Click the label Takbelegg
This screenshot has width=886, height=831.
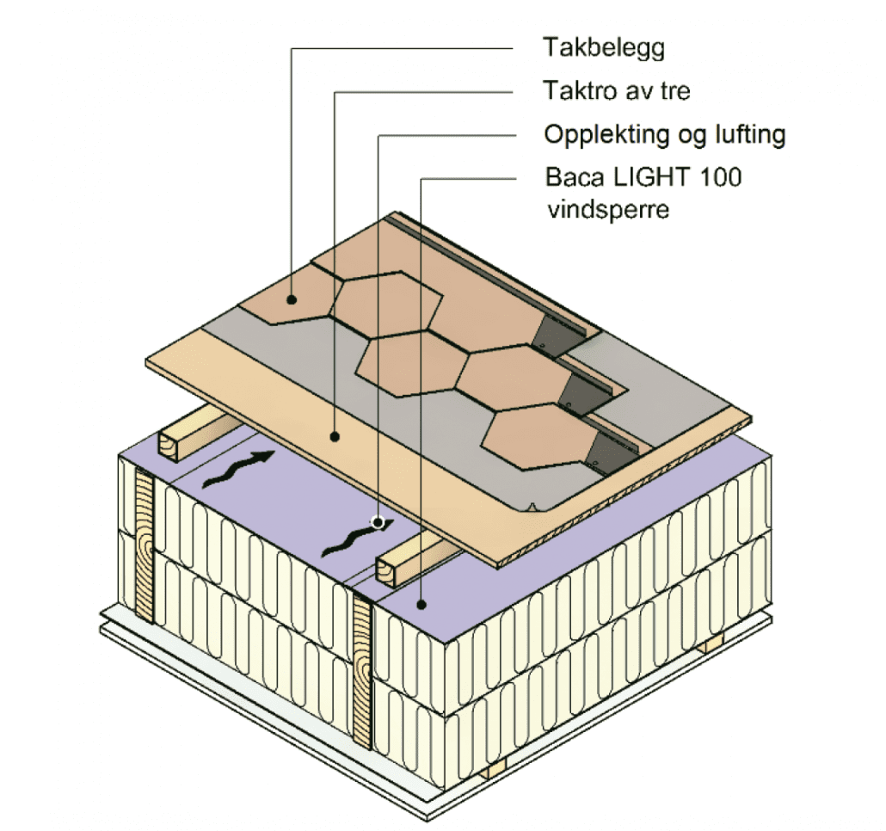click(603, 48)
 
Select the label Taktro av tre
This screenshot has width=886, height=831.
click(616, 90)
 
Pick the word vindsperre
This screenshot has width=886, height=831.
click(608, 210)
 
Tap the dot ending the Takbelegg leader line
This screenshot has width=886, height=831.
click(293, 300)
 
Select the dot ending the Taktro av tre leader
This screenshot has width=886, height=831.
click(335, 437)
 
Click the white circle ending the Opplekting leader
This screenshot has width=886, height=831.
click(377, 521)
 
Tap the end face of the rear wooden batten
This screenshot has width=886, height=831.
click(168, 445)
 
